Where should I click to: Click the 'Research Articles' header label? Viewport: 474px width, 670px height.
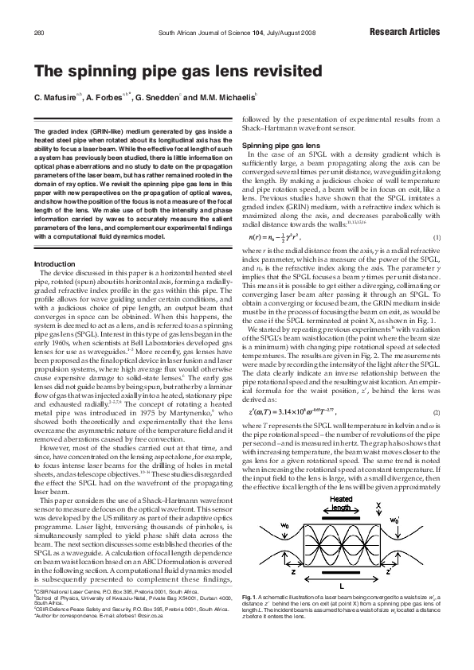pos(405,33)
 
